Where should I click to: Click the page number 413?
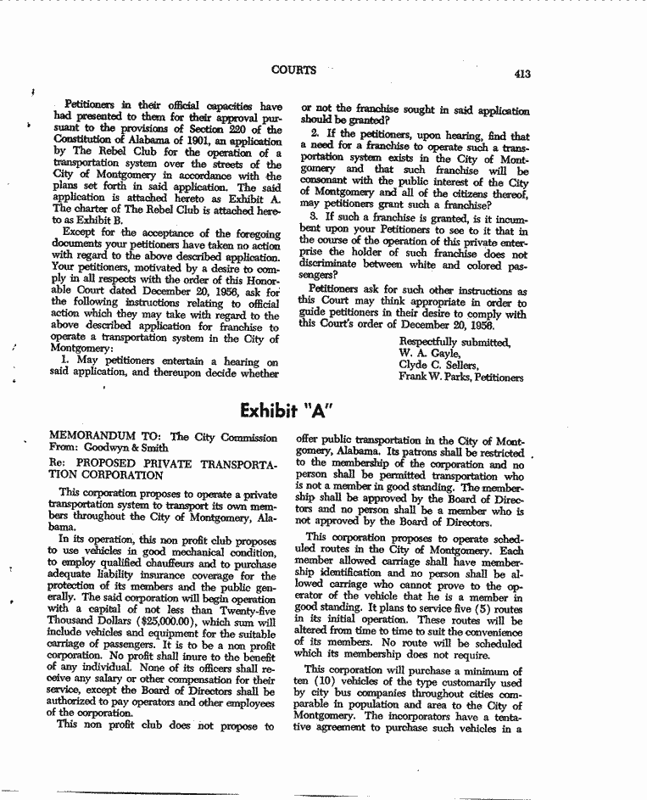coord(522,74)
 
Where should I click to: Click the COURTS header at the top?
coord(294,70)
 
